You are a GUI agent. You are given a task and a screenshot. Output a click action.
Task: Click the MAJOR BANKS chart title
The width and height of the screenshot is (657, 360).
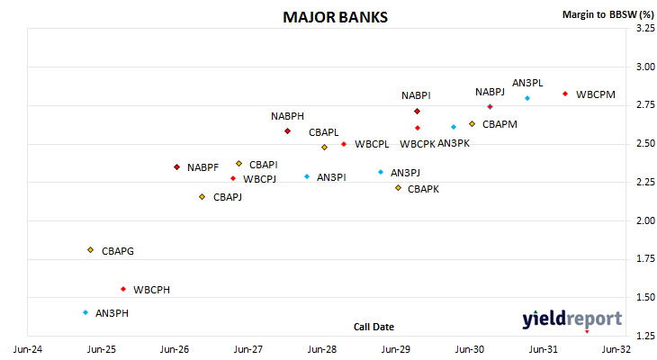click(x=335, y=17)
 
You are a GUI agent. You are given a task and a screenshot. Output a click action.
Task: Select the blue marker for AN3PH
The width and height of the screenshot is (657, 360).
click(x=85, y=312)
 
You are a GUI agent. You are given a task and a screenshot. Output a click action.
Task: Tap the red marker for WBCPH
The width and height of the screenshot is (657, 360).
click(x=123, y=289)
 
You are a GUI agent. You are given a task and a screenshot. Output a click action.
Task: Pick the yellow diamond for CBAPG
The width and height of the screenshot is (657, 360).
click(x=91, y=250)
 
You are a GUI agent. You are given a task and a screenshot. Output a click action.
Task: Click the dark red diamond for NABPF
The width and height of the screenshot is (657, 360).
click(x=176, y=167)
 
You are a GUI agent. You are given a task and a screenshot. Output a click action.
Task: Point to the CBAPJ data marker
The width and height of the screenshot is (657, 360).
click(x=202, y=197)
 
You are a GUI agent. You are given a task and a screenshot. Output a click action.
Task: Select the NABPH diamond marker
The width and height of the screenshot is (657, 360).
click(x=287, y=131)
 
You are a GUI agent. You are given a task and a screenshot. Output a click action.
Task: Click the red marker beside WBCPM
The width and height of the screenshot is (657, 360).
click(x=565, y=94)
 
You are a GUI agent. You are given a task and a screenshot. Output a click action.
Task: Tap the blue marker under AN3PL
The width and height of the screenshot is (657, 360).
click(x=527, y=98)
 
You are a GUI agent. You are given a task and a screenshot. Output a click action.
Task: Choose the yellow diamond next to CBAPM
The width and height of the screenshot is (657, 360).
click(x=472, y=124)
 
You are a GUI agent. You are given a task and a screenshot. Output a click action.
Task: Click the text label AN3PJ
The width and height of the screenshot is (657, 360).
click(x=405, y=173)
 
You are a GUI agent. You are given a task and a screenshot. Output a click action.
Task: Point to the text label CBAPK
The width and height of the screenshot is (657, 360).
click(x=423, y=189)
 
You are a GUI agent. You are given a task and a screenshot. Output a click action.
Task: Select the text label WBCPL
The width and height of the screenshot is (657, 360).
click(x=372, y=144)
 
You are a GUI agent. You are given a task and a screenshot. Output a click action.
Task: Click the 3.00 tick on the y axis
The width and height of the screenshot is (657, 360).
click(x=645, y=67)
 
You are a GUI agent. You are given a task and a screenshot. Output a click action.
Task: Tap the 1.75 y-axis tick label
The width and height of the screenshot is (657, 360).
click(x=645, y=258)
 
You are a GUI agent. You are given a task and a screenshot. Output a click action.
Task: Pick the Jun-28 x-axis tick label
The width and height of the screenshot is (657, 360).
click(x=322, y=349)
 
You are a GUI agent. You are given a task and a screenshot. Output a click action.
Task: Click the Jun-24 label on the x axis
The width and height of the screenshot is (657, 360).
click(x=28, y=349)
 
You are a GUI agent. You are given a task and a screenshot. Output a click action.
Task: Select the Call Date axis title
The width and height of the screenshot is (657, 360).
click(x=373, y=327)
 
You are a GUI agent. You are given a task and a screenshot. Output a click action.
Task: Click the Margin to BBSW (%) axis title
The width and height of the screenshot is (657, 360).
click(x=608, y=14)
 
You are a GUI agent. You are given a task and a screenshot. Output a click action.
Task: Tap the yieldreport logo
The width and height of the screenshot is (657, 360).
click(x=571, y=319)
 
